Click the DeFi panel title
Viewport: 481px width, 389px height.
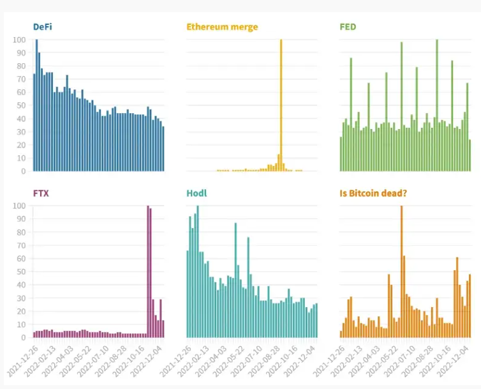43,27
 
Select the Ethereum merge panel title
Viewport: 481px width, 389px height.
222,27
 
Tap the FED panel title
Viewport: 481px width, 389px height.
348,27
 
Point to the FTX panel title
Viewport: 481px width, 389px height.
41,192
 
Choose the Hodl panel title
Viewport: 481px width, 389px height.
196,192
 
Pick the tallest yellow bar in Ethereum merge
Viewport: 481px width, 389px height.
281,105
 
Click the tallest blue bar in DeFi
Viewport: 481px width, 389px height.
36,105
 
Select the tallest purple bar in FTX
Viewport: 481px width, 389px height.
148,271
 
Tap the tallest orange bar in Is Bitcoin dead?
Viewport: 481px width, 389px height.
401,271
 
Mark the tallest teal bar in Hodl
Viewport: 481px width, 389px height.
198,271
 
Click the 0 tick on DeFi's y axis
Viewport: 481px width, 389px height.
24,171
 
